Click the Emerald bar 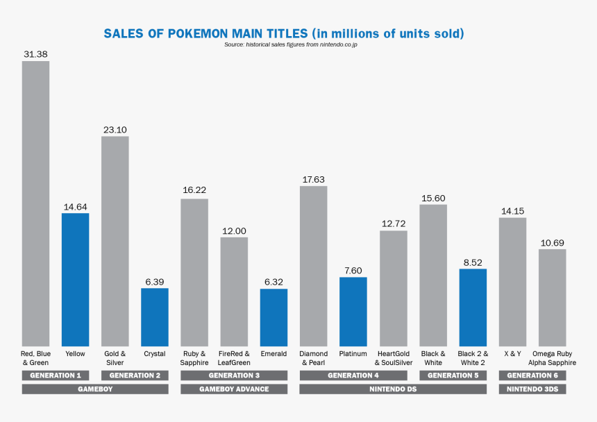point(274,317)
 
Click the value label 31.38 point(35,54)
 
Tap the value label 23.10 point(115,129)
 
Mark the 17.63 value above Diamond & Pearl point(313,179)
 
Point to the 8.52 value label point(472,262)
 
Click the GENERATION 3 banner point(234,375)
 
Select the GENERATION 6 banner point(532,375)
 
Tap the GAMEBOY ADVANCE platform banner point(234,389)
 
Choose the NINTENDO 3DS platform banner point(532,389)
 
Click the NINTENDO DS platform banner point(393,389)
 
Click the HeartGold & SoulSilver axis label point(394,358)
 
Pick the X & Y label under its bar point(512,354)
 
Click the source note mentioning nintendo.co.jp point(291,44)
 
